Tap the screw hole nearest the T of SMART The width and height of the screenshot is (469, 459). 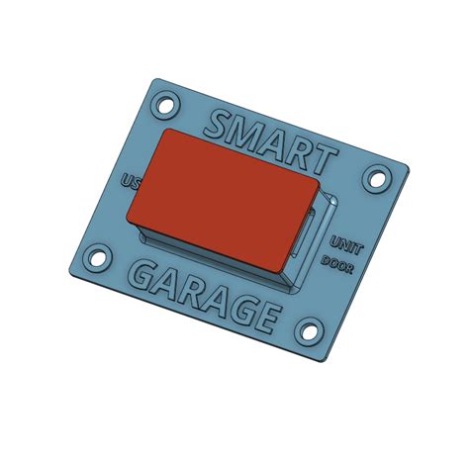(x=376, y=179)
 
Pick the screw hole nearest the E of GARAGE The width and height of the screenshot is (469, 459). (x=311, y=331)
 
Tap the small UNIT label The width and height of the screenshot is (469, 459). (x=345, y=244)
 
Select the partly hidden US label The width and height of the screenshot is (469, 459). (x=129, y=182)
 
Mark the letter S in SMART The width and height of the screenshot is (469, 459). (x=217, y=125)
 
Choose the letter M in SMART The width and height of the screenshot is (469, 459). (x=246, y=134)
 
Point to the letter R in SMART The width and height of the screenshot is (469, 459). (x=303, y=151)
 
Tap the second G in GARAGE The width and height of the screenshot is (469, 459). (x=238, y=308)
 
